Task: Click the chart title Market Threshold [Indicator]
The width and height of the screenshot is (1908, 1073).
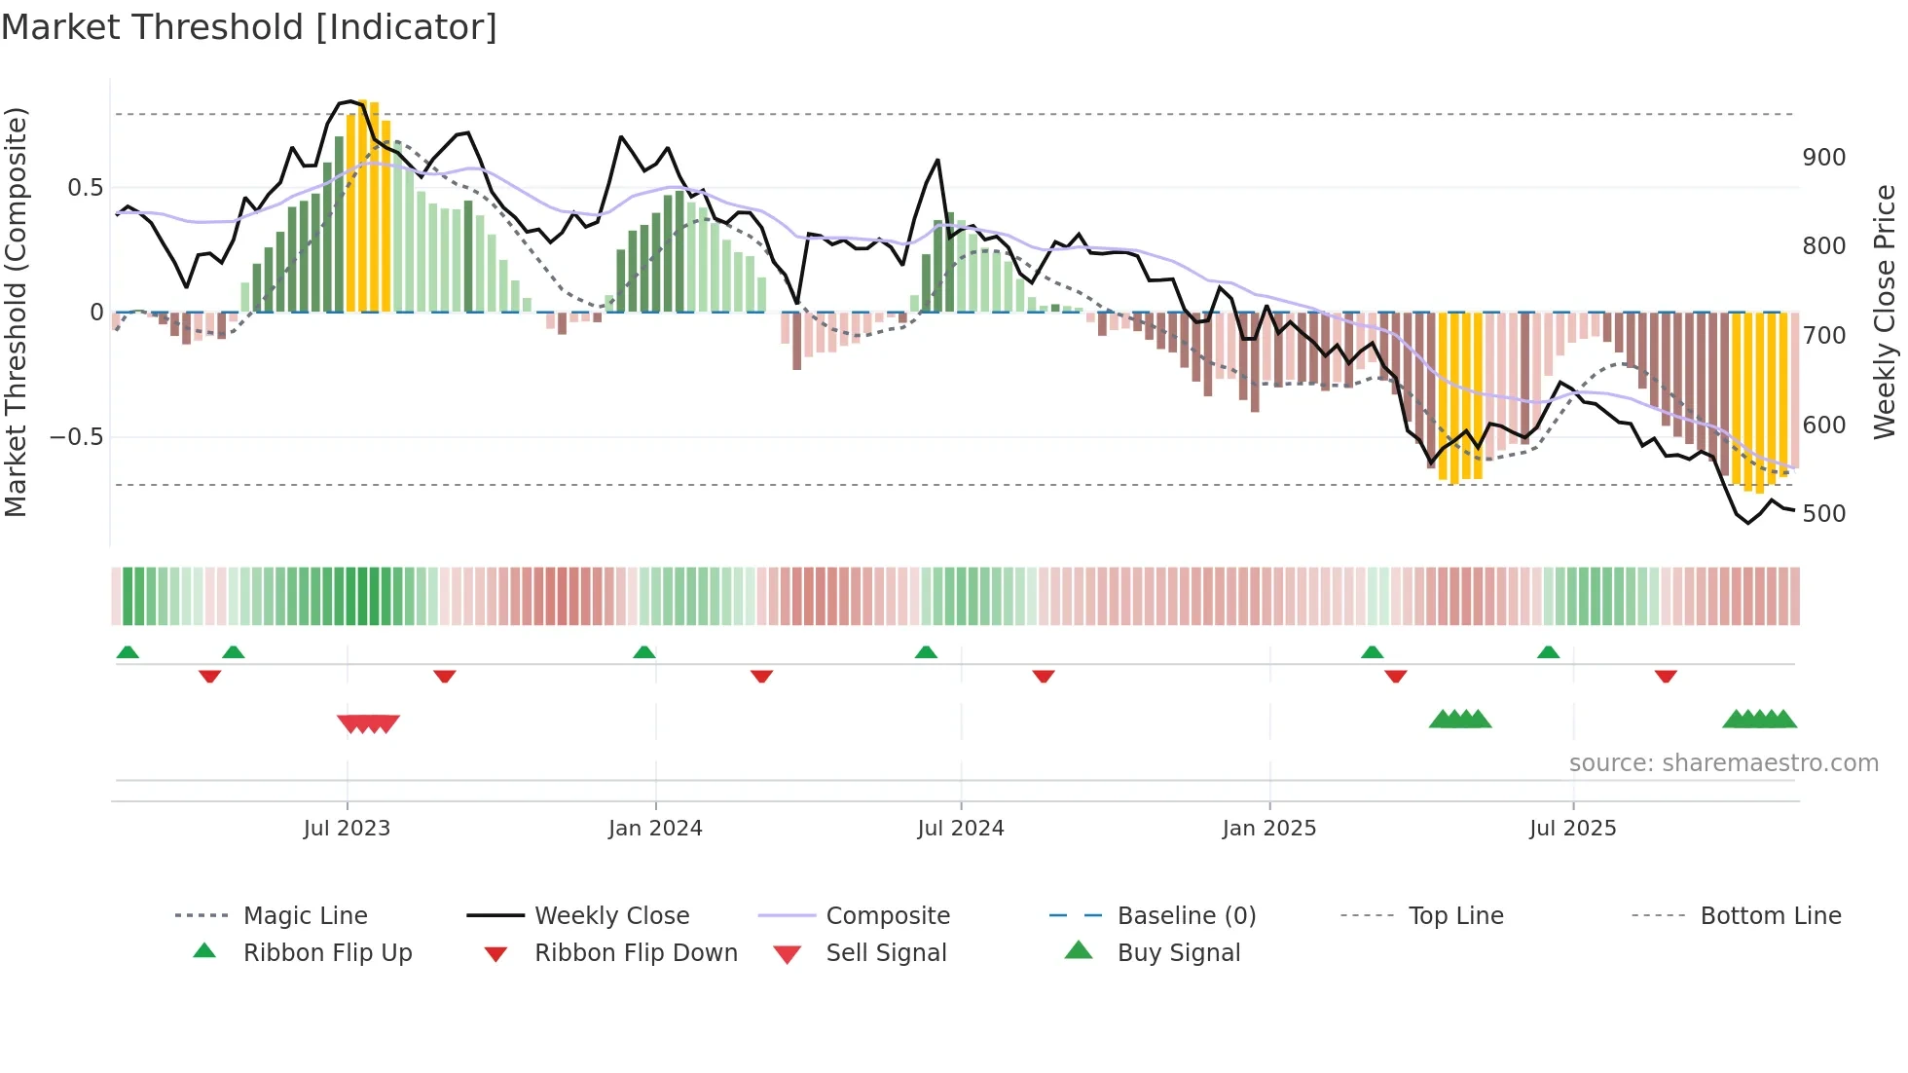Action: (249, 27)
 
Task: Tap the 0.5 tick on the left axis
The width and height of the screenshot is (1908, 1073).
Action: (85, 188)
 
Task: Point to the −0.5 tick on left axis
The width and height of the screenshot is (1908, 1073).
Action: (77, 437)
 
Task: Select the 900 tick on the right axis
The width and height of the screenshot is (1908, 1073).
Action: (1823, 158)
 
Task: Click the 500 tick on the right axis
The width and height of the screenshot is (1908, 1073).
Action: (1823, 514)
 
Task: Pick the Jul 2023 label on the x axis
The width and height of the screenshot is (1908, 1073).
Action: (347, 829)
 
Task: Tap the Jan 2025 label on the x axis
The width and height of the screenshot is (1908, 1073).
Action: (1268, 829)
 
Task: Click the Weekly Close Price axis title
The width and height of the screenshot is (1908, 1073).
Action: (1885, 312)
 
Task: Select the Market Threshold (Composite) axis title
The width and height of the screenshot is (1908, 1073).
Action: (16, 312)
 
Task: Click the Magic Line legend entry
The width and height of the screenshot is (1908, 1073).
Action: (305, 916)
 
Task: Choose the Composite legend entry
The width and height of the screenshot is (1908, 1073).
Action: (887, 916)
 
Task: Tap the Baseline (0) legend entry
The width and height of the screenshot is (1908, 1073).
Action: (1186, 916)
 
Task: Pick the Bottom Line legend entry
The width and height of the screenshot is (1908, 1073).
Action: (1770, 916)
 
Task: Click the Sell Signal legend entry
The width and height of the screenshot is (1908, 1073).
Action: (885, 953)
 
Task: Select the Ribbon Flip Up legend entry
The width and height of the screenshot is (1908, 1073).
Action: (327, 953)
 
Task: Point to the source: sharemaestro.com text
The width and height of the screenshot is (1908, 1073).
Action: (1723, 763)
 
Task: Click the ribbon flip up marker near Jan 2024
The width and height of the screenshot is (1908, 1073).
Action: (644, 652)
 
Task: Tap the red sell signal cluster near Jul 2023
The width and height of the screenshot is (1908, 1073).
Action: (368, 723)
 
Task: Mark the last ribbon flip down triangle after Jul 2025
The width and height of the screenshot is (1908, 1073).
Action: (1666, 676)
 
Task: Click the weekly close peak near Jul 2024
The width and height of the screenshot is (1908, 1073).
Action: (937, 161)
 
